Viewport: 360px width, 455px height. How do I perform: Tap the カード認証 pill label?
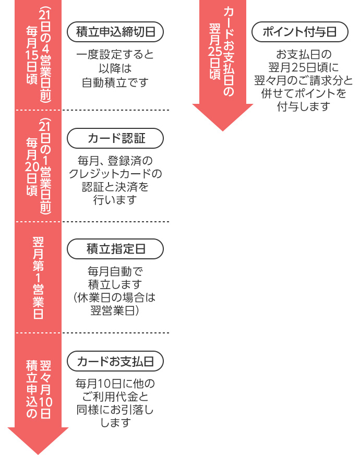point(115,138)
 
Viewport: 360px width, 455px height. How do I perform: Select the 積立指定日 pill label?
point(115,249)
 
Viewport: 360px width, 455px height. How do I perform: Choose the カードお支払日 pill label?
point(115,361)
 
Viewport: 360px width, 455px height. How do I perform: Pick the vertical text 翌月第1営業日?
point(38,277)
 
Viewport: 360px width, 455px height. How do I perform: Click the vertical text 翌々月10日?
point(45,389)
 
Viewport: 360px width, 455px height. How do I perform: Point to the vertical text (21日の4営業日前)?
point(45,54)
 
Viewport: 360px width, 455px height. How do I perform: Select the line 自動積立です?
point(115,82)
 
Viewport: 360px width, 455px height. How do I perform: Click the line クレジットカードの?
point(115,173)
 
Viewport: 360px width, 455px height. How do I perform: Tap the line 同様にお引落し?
point(115,410)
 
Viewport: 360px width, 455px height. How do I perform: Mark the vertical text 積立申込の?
point(31,389)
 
